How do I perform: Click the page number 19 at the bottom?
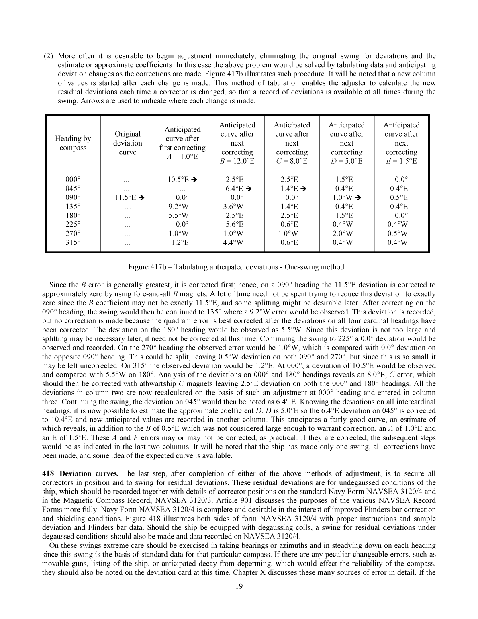[x=239, y=586]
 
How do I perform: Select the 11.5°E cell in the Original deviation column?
[x=124, y=198]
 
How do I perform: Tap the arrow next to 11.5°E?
[x=141, y=198]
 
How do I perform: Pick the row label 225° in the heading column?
[x=73, y=225]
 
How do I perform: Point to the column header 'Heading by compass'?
[x=73, y=143]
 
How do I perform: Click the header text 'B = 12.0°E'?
[x=237, y=161]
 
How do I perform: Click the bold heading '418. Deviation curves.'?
[x=80, y=473]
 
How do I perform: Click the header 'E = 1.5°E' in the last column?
[x=401, y=161]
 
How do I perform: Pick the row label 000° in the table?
[x=73, y=180]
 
